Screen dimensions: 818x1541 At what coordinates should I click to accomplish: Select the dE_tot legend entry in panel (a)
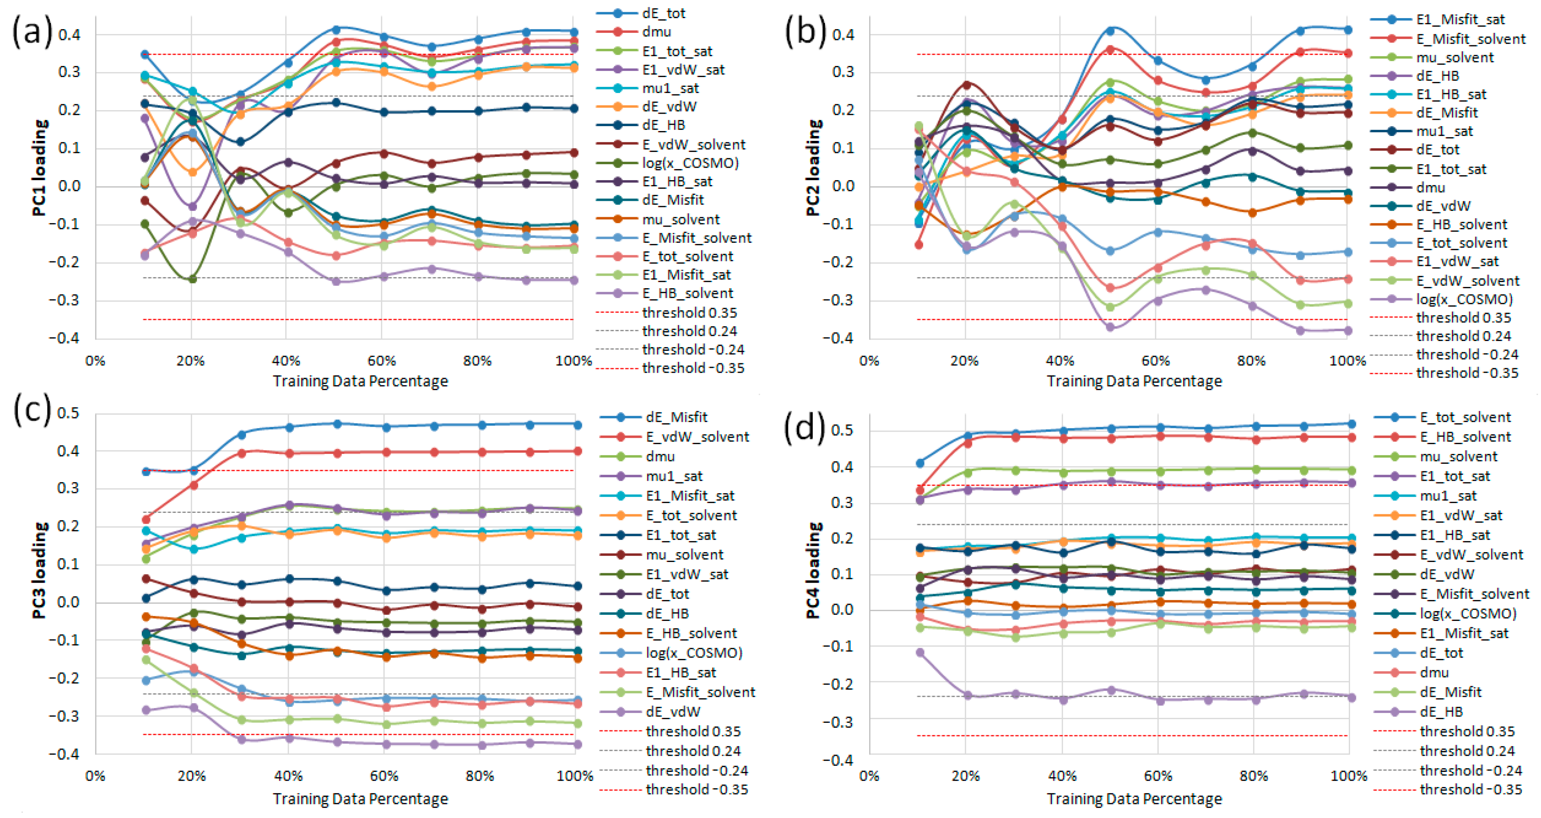(x=664, y=13)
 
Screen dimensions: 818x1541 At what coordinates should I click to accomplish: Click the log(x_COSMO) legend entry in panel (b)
(x=1464, y=299)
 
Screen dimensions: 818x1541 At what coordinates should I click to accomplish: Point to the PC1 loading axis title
(x=40, y=168)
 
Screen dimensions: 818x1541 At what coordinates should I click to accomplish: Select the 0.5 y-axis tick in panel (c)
(x=68, y=413)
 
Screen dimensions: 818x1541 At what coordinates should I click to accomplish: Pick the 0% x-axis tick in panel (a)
(x=95, y=361)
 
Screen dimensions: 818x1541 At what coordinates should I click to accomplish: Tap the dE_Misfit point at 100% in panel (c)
(x=577, y=425)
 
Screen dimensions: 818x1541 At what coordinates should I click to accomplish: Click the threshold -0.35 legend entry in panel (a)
(x=693, y=368)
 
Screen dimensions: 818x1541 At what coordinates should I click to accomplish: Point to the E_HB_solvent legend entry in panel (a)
(x=687, y=293)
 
